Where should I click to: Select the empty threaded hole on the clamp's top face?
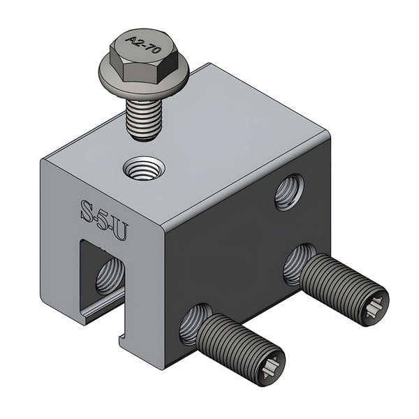(144, 168)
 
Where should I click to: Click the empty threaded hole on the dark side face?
(288, 193)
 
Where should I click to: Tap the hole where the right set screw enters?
(297, 261)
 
